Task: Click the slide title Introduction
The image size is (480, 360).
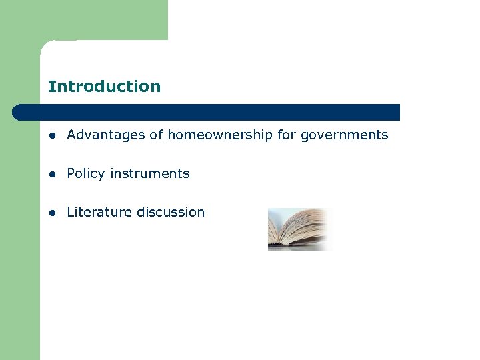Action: coord(104,87)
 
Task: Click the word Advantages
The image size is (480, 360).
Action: coord(107,135)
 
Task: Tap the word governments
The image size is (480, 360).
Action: coord(344,135)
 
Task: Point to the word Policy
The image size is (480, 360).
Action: coord(86,173)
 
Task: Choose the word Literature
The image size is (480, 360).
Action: coord(99,212)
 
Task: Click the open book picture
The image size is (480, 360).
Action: coord(299,229)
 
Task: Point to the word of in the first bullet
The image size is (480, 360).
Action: coord(156,135)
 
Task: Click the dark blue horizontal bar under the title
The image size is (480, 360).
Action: coord(207,112)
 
